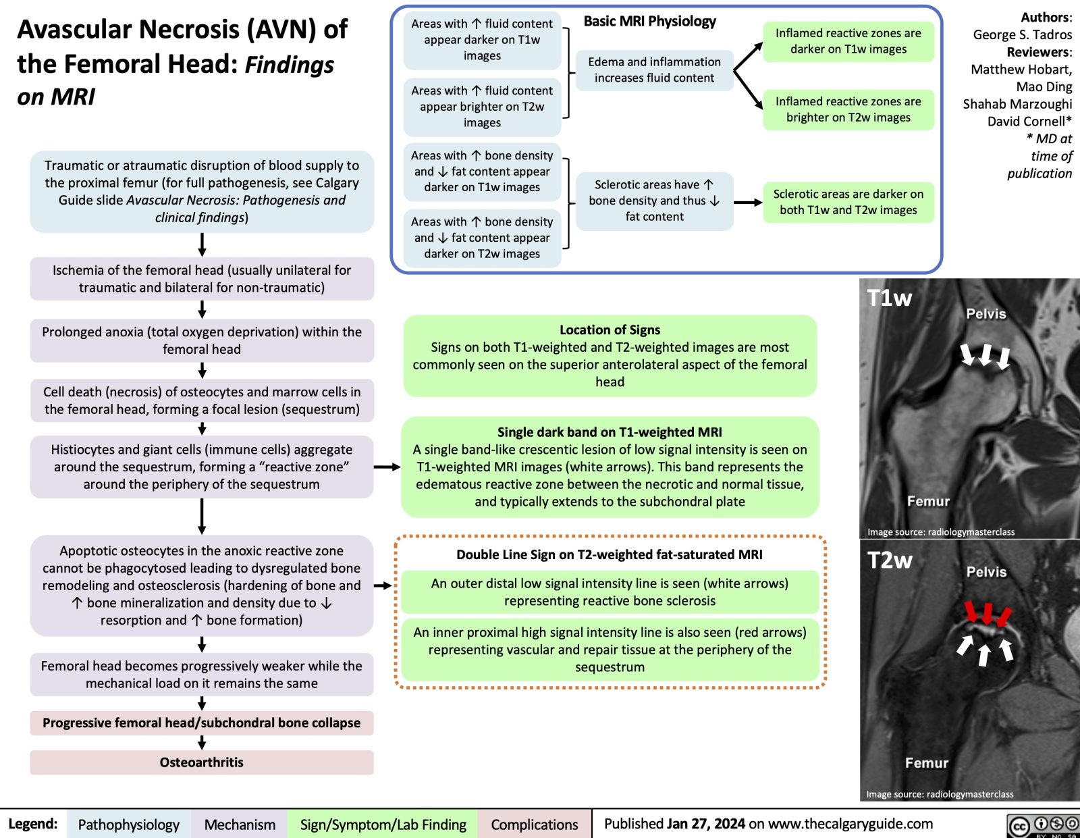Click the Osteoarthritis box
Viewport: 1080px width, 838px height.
tap(201, 762)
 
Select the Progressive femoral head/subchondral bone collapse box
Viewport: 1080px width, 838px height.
tap(201, 723)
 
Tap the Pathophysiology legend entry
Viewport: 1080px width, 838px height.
tap(128, 824)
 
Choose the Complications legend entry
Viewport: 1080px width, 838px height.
tap(534, 824)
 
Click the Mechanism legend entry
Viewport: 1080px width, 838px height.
tap(240, 824)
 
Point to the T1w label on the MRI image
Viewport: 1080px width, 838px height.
tap(889, 298)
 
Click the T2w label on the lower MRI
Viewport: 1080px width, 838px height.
tap(890, 560)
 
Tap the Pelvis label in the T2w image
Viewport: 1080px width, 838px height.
tap(986, 572)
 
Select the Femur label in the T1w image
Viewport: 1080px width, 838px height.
tap(928, 501)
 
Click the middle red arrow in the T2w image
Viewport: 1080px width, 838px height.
tap(988, 613)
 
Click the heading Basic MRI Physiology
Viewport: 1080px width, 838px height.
tap(649, 22)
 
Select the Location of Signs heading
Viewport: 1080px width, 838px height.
tap(610, 330)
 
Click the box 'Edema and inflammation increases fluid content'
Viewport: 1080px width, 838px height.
tap(654, 70)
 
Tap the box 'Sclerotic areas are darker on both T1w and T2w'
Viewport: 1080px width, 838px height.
tap(848, 202)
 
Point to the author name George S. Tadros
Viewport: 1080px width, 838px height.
tap(1022, 34)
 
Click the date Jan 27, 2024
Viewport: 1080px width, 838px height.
tap(705, 824)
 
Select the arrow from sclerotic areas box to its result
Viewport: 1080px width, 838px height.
tap(748, 202)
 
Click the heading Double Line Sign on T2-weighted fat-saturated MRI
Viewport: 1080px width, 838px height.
tap(609, 554)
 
